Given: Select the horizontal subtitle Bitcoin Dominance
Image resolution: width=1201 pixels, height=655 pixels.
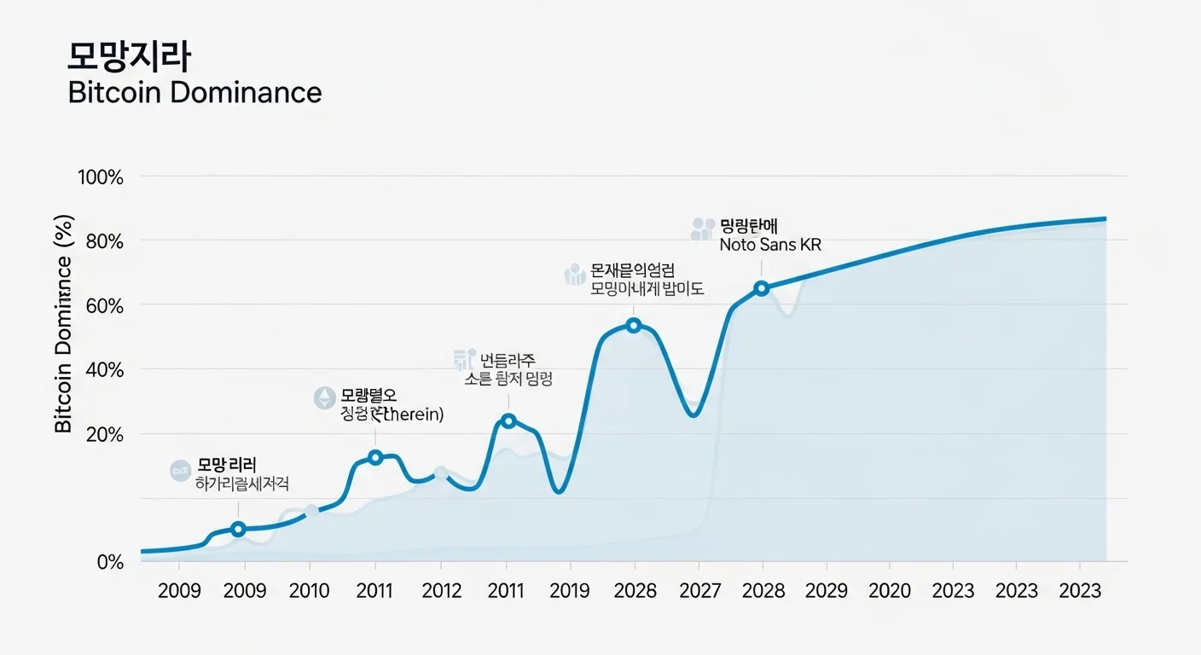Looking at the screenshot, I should point(194,92).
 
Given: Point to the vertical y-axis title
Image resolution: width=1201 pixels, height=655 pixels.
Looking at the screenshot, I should point(64,323).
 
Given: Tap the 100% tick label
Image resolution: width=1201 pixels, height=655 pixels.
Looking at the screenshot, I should point(101,177).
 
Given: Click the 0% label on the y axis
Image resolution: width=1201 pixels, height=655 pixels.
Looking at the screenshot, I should point(109,562).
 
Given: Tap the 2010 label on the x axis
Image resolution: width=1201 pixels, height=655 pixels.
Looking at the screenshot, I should point(310,591).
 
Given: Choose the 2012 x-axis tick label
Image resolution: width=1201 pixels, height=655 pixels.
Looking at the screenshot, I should point(441,591).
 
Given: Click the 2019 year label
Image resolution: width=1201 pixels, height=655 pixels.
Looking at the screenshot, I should point(571,591).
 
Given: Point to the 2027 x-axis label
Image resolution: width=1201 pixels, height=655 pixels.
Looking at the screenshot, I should point(699,591).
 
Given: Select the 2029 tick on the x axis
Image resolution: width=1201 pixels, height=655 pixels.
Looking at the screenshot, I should point(827,591).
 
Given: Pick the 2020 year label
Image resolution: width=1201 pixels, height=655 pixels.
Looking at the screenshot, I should point(890,591).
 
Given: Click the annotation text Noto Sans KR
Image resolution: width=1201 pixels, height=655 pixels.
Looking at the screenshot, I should point(770,245).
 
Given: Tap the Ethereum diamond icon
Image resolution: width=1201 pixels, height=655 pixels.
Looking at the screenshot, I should point(324,397).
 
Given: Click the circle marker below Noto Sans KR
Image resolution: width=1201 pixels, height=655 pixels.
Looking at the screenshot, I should point(762,288).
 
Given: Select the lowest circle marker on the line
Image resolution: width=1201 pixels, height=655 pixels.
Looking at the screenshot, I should point(238,530).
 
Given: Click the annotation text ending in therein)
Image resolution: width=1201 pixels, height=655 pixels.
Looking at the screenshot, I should point(392,414).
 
